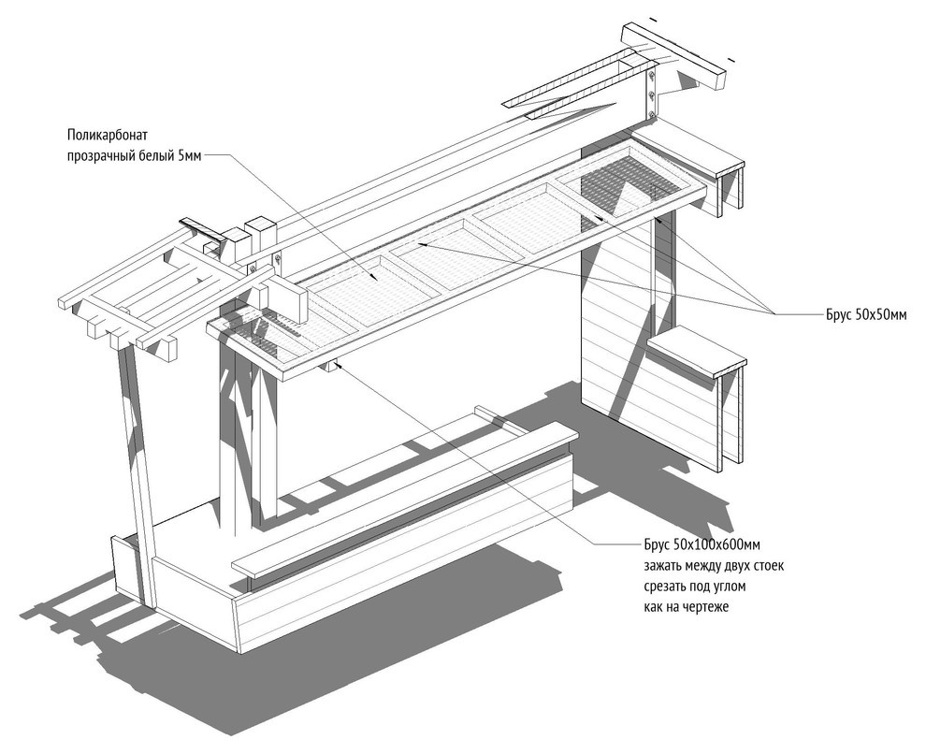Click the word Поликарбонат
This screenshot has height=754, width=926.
107,135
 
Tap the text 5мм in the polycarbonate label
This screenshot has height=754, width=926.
190,156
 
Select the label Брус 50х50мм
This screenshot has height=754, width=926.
866,314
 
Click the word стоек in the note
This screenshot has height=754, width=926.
768,566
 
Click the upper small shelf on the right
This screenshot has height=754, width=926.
688,152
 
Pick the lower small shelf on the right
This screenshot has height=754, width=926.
697,352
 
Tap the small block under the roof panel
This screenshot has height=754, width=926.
328,367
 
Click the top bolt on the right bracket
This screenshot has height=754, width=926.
651,76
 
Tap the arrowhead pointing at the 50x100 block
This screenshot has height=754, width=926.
340,368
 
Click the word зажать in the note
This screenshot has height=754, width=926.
662,566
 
